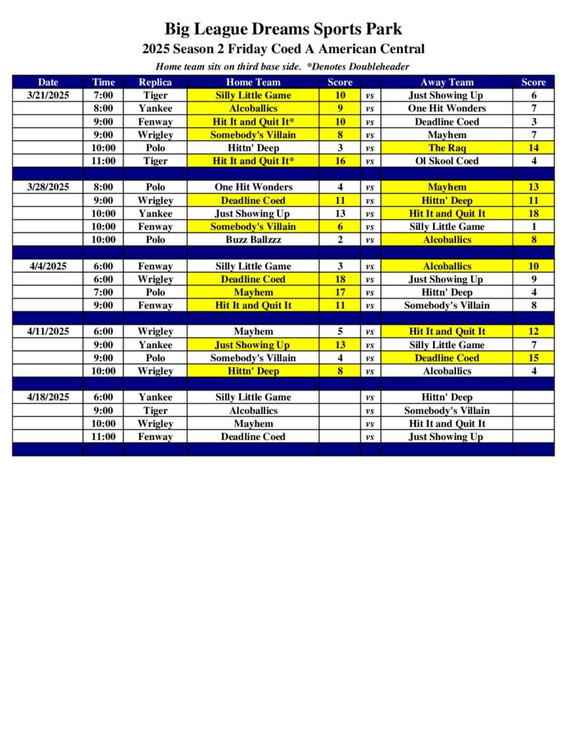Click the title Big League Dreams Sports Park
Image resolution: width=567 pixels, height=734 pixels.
tap(283, 29)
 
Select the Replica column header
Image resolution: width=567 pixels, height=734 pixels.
tap(155, 82)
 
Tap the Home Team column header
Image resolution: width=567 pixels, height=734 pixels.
tap(253, 82)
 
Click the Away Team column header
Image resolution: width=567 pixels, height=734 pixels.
tap(447, 82)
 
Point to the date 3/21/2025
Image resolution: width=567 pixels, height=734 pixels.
tap(48, 95)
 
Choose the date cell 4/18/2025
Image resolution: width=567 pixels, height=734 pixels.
tap(48, 397)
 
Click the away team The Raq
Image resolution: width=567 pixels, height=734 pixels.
tap(447, 148)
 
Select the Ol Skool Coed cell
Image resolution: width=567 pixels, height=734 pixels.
tap(447, 161)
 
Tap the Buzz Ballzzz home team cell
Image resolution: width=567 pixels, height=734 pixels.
tap(253, 239)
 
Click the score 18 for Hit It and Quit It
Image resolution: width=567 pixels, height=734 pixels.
tap(533, 214)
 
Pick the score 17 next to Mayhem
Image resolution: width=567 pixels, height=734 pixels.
tap(340, 292)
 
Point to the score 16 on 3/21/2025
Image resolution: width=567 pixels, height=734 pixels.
tap(340, 161)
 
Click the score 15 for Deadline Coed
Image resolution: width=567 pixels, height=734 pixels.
tap(533, 358)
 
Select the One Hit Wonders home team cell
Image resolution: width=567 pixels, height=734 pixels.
tap(253, 187)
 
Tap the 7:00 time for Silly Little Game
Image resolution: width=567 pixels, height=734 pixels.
tap(103, 95)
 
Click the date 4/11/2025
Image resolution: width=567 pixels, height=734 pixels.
tap(48, 332)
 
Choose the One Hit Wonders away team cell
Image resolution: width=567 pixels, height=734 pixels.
tap(447, 108)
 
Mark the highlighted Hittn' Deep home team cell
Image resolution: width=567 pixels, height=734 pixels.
tap(253, 371)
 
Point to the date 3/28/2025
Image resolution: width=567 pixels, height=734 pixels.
tap(48, 187)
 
